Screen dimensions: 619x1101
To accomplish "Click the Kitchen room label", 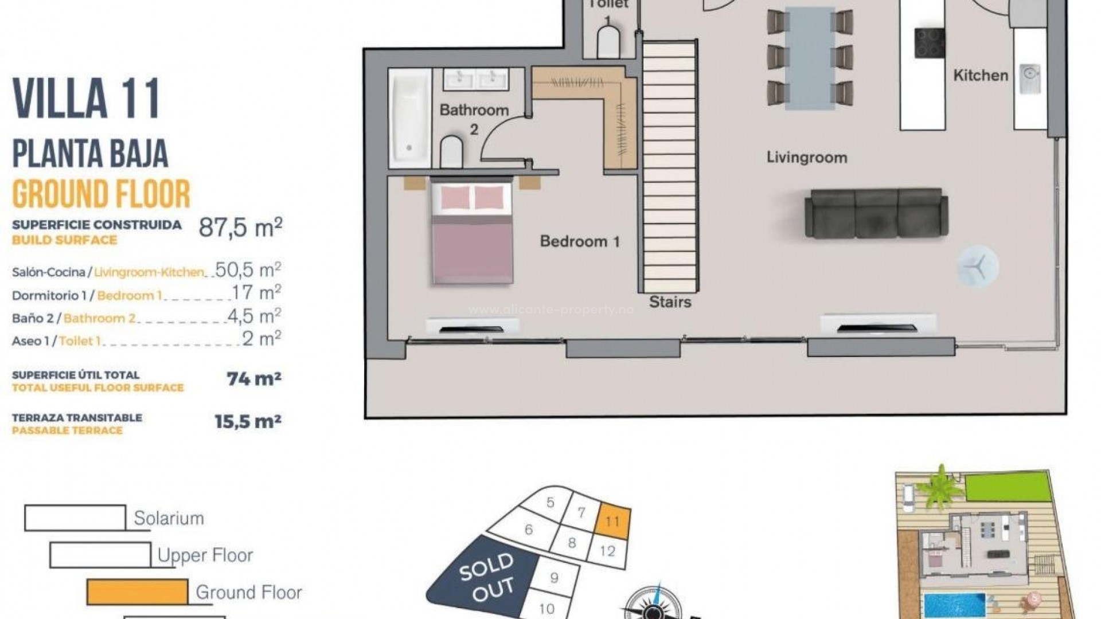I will (x=980, y=75).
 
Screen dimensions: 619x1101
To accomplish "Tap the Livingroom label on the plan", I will (x=806, y=157).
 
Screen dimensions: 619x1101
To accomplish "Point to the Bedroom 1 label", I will (x=579, y=241).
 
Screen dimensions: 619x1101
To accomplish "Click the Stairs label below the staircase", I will (x=670, y=302).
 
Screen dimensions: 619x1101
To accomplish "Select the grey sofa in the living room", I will (x=876, y=213).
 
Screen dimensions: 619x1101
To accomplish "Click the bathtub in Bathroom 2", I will (x=409, y=118).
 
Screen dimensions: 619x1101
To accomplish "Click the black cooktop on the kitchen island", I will (x=930, y=42).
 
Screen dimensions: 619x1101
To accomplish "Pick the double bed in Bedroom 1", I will (x=471, y=232).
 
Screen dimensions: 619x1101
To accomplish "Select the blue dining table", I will (x=810, y=57).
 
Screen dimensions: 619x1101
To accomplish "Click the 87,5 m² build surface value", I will (x=240, y=228).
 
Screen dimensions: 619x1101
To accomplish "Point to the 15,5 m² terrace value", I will (x=248, y=422).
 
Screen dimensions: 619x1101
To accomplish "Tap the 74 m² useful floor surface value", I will (x=253, y=379).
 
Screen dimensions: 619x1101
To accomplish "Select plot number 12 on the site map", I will (x=607, y=551).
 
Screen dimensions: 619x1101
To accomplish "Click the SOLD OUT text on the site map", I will (x=486, y=576).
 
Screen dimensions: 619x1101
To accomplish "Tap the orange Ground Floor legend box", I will (x=137, y=592).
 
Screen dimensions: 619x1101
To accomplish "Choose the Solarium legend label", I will (x=169, y=518).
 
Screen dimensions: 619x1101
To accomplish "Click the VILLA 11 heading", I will (x=86, y=99).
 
